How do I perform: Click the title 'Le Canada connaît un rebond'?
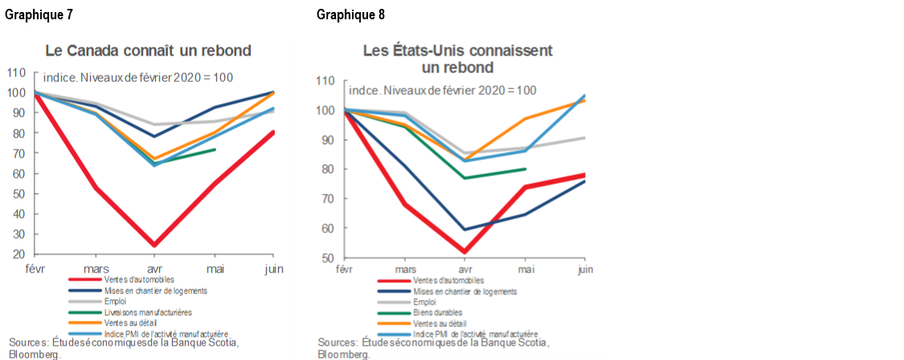coord(148,51)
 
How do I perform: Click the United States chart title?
coord(457,59)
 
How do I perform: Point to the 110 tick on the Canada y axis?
coord(16,72)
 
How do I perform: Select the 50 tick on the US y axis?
coord(329,258)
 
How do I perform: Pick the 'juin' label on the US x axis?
coord(585,270)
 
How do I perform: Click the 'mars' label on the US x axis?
coord(406,270)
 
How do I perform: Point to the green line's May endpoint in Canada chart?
coord(215,149)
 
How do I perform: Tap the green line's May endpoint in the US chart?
coord(526,169)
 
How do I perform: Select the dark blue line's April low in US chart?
coord(465,230)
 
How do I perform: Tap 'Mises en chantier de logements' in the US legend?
coord(464,292)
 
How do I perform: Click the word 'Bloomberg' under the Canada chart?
coord(31,354)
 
